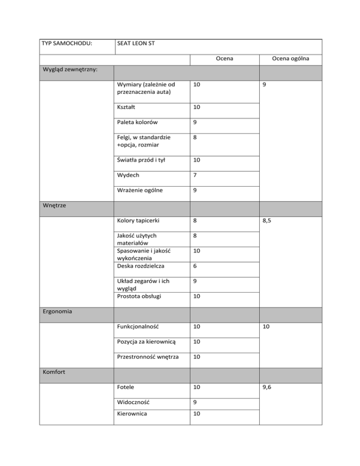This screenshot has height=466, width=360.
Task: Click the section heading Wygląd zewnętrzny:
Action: [69, 69]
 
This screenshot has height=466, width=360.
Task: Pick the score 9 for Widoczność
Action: [195, 402]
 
